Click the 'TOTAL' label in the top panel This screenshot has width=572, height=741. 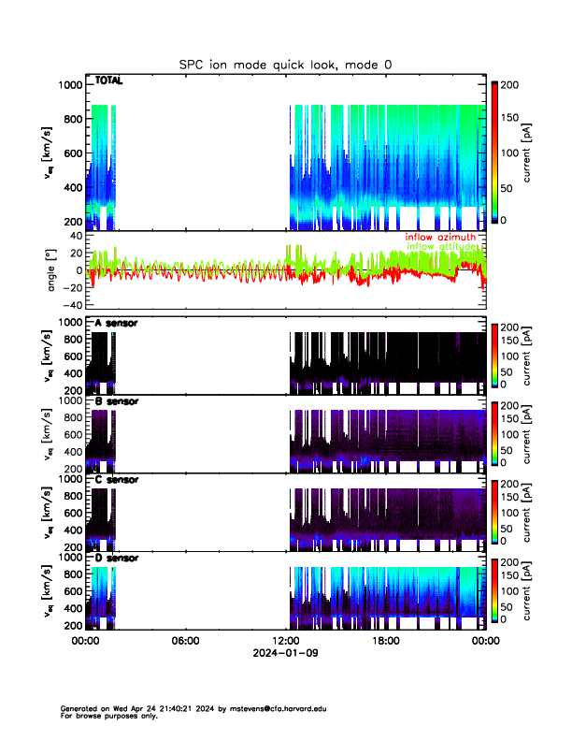click(108, 81)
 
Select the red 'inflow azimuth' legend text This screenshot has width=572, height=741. click(440, 237)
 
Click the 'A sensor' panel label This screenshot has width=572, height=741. click(116, 323)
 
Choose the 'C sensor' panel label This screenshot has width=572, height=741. click(116, 479)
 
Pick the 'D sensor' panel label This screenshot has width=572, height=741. click(116, 558)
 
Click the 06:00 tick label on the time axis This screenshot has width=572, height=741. click(185, 641)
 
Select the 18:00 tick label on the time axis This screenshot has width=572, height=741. click(386, 641)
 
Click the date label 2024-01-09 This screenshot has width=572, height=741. click(285, 654)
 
